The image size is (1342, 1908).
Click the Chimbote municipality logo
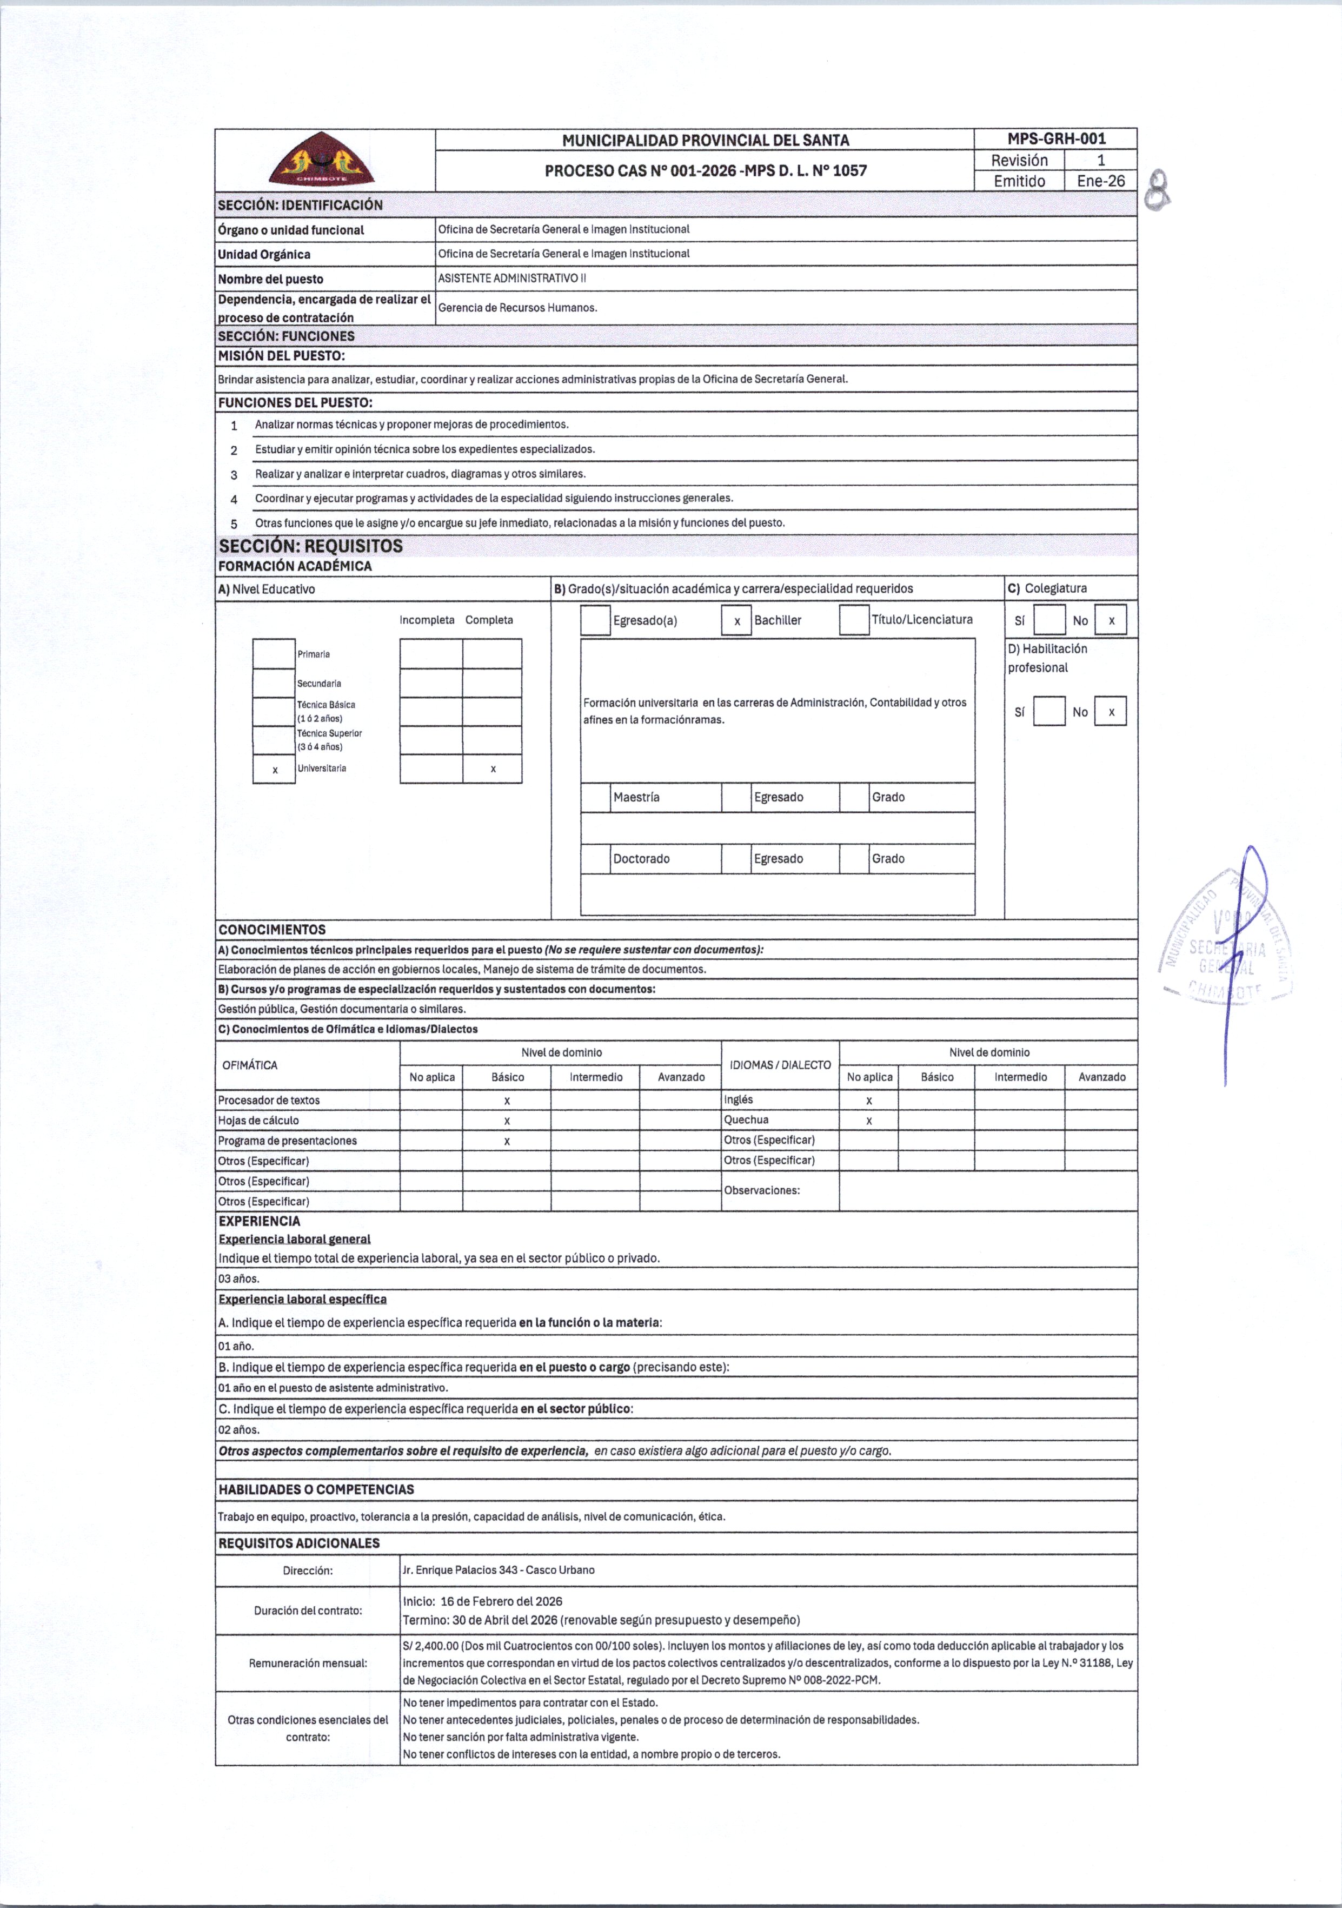coord(322,161)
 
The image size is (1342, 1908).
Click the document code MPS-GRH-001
coord(1055,139)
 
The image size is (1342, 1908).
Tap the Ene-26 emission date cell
coord(1100,181)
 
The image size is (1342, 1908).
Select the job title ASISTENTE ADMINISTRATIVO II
coord(512,279)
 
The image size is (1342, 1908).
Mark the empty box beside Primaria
coord(274,654)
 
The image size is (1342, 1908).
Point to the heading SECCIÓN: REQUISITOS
coord(311,546)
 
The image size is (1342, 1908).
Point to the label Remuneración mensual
coord(308,1663)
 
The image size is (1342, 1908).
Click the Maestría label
coord(636,798)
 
